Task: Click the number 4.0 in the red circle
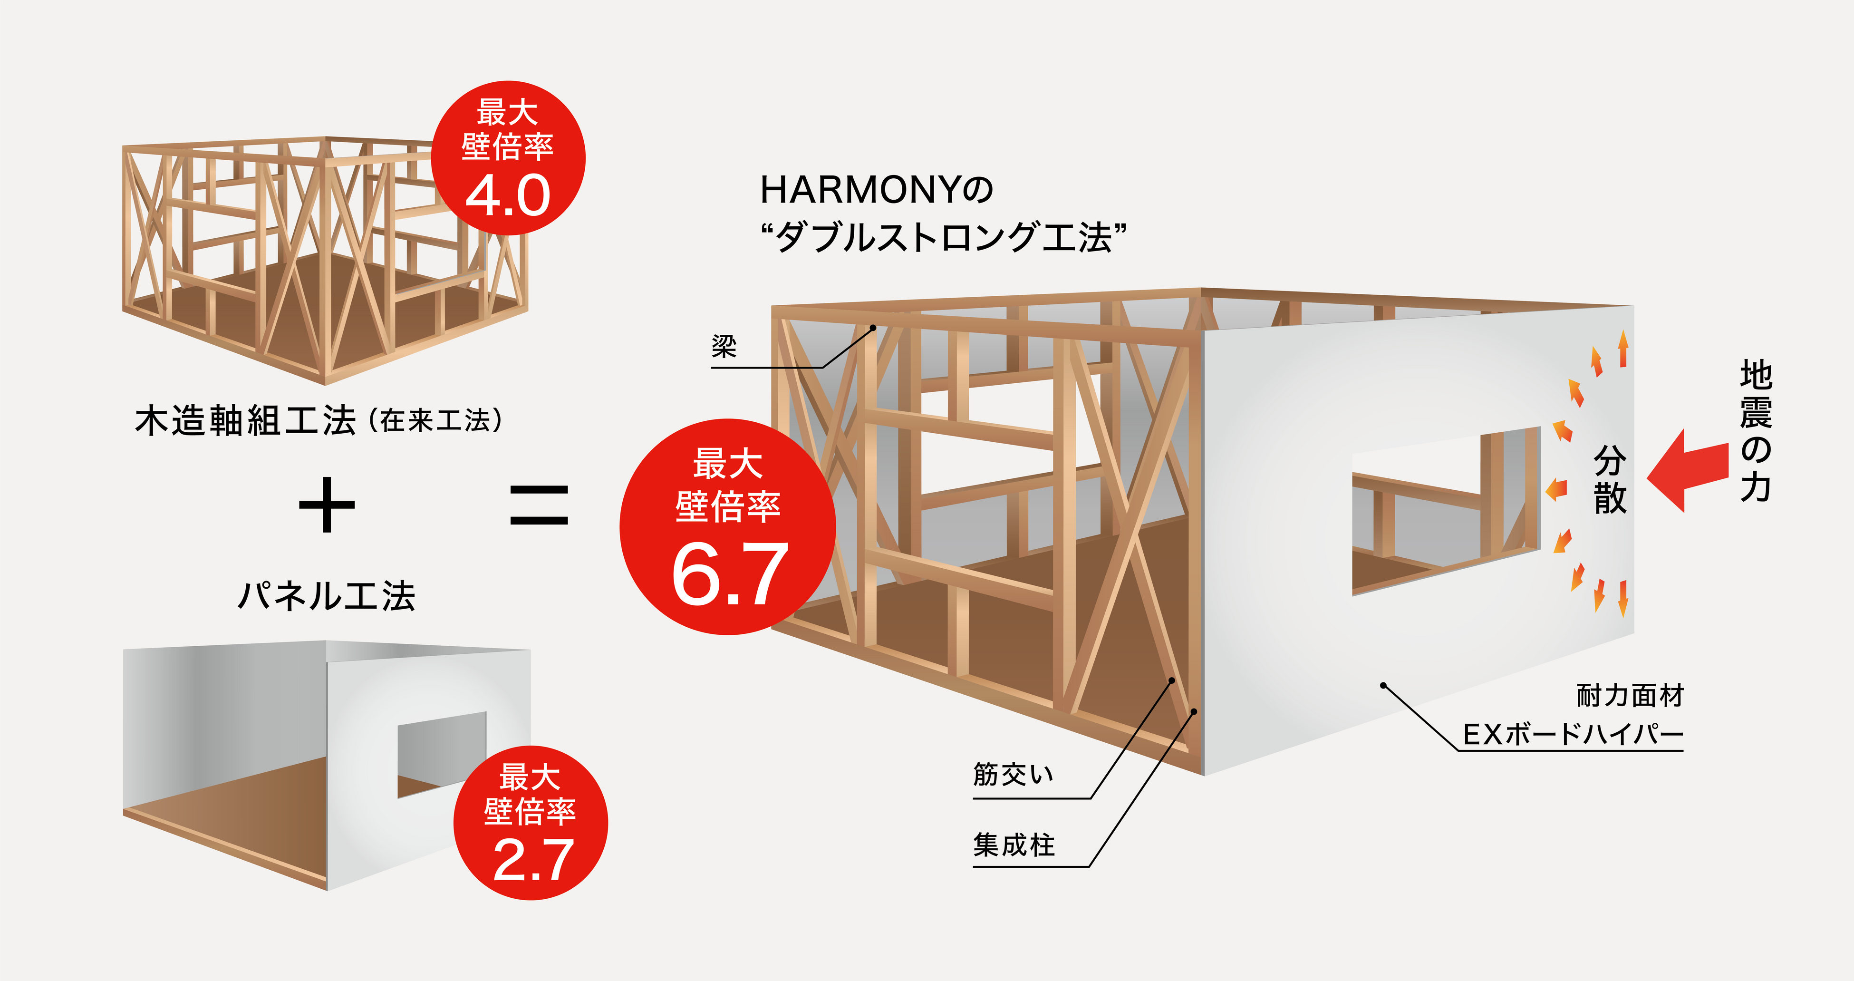pos(508,196)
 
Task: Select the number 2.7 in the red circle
pos(532,860)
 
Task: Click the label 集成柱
pos(1014,844)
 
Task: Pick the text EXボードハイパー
pos(1573,735)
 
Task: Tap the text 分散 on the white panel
pos(1610,479)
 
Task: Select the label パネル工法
pos(327,596)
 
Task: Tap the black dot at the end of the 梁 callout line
pos(873,328)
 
